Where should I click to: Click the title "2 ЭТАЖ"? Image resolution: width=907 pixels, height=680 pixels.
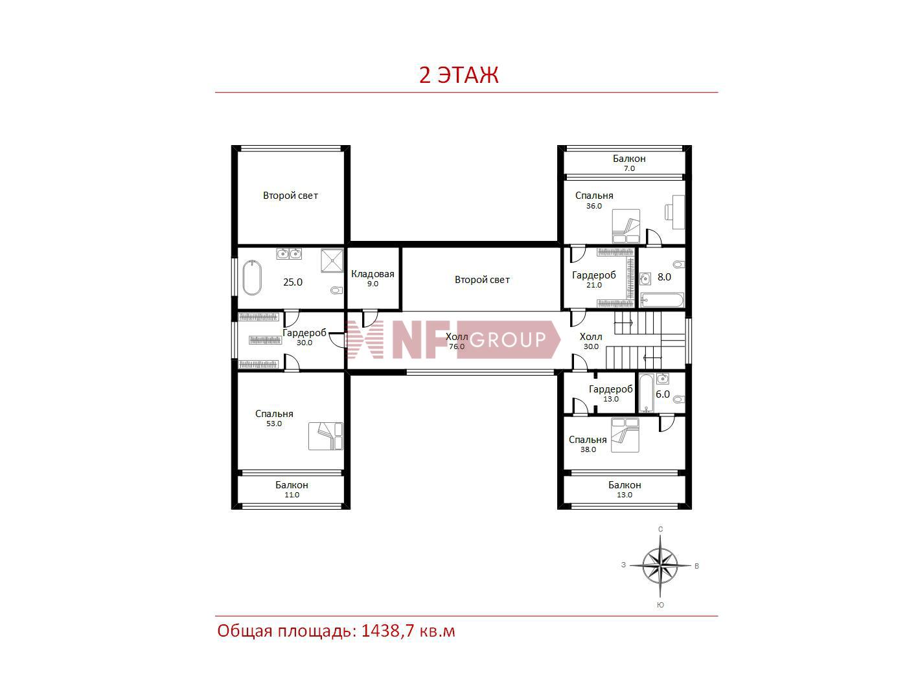(x=459, y=74)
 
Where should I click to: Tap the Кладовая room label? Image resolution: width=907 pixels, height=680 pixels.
(x=373, y=278)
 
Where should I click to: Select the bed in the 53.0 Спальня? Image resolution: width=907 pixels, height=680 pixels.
(x=326, y=436)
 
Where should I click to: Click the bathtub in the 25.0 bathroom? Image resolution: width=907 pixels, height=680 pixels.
(x=251, y=277)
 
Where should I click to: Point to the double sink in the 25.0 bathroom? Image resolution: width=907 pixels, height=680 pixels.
(x=289, y=253)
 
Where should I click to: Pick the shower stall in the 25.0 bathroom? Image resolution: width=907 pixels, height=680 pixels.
(x=332, y=260)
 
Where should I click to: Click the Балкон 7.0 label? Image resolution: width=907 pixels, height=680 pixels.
(x=629, y=163)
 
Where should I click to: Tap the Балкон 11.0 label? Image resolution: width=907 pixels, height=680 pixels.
(x=292, y=489)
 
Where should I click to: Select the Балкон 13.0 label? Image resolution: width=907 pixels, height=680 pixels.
(x=625, y=489)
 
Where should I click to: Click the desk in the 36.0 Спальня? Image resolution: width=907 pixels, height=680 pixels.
(x=678, y=212)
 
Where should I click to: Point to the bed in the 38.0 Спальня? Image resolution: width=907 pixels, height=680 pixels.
(x=625, y=435)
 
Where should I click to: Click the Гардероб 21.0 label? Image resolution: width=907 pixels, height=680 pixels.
(x=594, y=279)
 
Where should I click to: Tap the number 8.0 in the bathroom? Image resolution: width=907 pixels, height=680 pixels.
(x=664, y=277)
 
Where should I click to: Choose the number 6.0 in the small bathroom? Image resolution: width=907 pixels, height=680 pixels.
(x=662, y=394)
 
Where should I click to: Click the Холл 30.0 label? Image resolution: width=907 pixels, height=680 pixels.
(x=591, y=341)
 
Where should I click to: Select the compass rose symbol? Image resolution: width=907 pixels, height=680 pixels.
(x=660, y=565)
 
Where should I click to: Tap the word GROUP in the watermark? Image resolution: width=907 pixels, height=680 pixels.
(x=507, y=339)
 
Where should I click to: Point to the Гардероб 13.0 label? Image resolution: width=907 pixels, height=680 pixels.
(x=611, y=394)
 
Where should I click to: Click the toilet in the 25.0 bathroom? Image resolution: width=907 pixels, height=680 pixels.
(x=337, y=290)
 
